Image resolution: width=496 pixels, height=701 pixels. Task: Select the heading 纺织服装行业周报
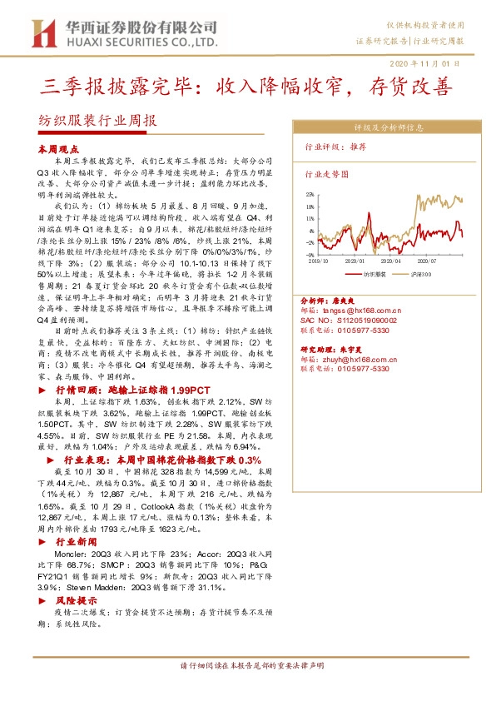point(98,120)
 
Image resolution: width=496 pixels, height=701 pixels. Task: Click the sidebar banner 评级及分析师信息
point(389,128)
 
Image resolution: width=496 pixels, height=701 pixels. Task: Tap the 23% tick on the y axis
point(310,194)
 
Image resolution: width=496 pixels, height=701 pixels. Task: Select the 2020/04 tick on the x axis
point(391,261)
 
